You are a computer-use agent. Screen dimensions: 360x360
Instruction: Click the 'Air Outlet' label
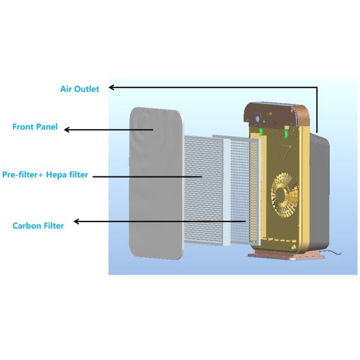coord(80,89)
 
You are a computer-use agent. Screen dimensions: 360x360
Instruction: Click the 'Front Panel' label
coord(35,127)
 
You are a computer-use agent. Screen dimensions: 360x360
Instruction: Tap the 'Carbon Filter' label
coord(38,225)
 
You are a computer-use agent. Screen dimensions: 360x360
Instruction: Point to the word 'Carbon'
coord(26,225)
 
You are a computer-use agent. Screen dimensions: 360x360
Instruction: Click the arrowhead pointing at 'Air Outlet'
coord(112,88)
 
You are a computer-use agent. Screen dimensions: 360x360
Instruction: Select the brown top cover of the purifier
coord(279,113)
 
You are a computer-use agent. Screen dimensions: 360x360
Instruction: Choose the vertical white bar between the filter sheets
coord(226,192)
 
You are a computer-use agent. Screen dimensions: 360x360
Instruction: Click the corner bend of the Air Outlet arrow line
coord(317,88)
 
